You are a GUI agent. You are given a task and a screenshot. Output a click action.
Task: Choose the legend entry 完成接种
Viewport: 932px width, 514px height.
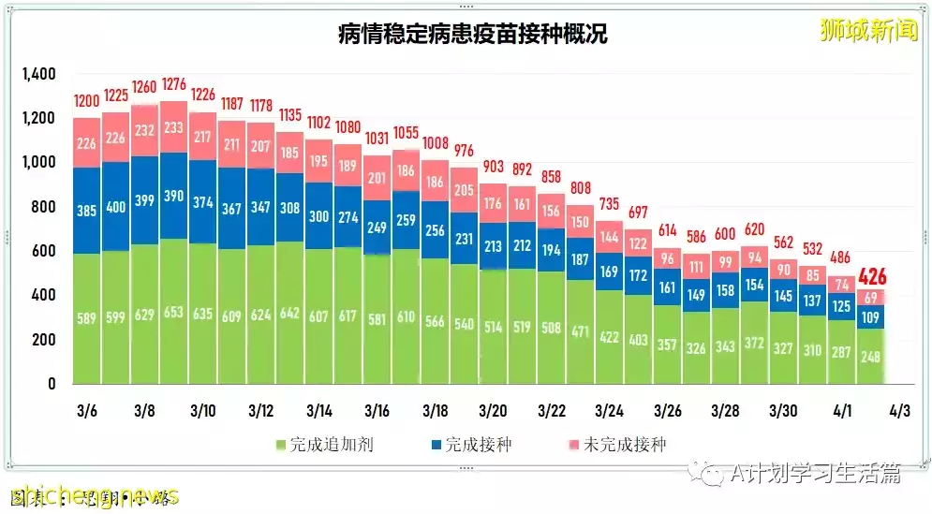473,444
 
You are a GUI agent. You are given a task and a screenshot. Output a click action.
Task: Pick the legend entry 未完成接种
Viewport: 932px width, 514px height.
618,444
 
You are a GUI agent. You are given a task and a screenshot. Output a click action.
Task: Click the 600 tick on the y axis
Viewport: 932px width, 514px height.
43,251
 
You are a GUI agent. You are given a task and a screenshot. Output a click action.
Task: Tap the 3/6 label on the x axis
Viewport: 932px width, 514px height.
87,411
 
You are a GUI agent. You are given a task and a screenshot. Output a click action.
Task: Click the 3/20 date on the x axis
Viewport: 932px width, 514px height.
493,411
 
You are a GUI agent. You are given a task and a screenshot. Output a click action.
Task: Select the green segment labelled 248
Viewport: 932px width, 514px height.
871,356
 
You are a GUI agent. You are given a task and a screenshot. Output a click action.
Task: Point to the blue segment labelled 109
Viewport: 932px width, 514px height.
871,317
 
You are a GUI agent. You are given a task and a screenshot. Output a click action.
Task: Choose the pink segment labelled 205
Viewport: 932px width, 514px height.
464,190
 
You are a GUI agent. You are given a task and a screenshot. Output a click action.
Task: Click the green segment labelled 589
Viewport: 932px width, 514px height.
87,319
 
